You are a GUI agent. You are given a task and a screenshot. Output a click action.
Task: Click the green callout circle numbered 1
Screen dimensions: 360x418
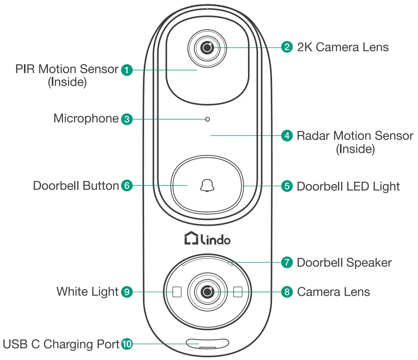[127, 70]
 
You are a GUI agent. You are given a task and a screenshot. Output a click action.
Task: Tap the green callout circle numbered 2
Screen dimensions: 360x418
[287, 48]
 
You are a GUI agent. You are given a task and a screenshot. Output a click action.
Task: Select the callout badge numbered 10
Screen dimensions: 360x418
[127, 344]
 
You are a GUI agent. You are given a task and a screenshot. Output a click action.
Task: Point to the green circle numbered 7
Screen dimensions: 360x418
[287, 262]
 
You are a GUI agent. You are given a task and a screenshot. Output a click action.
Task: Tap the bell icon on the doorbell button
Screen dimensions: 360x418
[207, 186]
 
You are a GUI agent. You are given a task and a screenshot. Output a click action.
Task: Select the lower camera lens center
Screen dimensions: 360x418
[208, 292]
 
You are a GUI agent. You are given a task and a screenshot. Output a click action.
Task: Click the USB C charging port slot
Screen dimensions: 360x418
[207, 343]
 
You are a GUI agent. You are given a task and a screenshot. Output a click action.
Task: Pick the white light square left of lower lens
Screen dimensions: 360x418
[177, 292]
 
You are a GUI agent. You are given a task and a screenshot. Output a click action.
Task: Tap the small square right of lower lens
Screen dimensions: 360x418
[238, 292]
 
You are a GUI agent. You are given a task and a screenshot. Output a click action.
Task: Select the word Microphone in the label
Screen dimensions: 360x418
[86, 118]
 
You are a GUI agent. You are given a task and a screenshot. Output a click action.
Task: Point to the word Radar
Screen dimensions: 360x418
[313, 136]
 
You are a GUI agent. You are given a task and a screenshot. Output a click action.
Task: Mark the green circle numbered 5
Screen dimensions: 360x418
[287, 186]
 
